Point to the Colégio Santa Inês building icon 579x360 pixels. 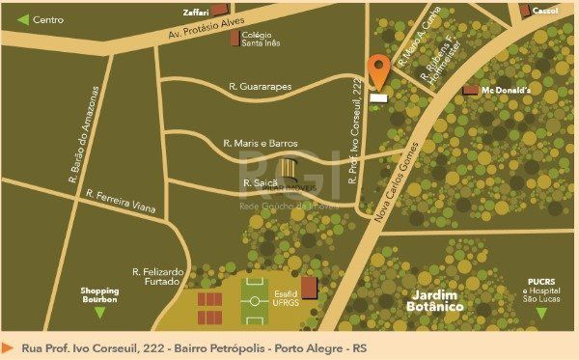click(234, 38)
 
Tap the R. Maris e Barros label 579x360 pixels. click(261, 143)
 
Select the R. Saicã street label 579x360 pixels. click(260, 182)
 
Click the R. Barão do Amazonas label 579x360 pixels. click(84, 134)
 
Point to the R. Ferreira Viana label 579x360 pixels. click(120, 207)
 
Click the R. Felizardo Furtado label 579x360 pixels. click(157, 277)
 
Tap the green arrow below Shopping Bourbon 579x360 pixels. click(99, 314)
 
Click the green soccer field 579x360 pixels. click(255, 299)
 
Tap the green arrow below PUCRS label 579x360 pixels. click(541, 314)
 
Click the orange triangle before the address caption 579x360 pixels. click(9, 346)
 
